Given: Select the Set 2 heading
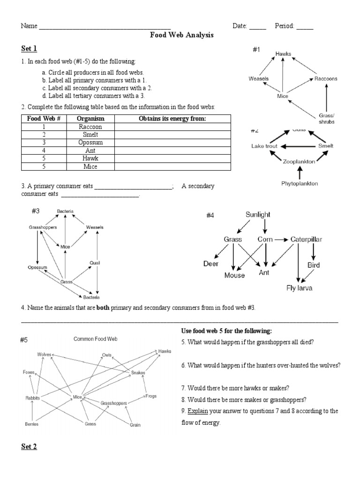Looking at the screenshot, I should [29, 446].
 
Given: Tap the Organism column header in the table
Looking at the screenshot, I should [90, 119].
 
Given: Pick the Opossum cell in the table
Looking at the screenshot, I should [90, 142].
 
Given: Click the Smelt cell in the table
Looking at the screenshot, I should [90, 135].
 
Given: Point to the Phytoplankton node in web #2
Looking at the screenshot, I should [300, 183].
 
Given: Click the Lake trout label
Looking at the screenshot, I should [264, 146].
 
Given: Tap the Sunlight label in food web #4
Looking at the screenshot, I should [258, 215].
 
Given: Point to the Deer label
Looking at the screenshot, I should [211, 264].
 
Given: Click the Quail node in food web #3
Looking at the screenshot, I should [96, 263].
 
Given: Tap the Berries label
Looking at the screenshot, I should [31, 424].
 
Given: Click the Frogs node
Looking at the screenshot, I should [151, 396].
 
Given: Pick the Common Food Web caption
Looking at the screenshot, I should [95, 338].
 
